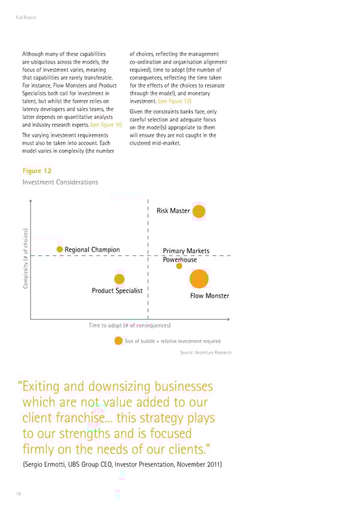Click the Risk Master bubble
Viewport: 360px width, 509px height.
(x=199, y=211)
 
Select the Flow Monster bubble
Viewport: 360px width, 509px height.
(x=199, y=279)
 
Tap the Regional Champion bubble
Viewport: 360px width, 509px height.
(x=60, y=250)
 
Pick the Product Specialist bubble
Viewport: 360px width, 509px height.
(x=119, y=279)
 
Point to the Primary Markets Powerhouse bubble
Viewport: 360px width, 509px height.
(x=179, y=267)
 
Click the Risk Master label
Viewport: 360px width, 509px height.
(x=173, y=211)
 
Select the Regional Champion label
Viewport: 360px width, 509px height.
(x=92, y=250)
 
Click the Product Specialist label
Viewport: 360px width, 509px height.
(x=117, y=291)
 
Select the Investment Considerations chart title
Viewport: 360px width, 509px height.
(x=59, y=182)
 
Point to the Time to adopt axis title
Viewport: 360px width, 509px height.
(x=130, y=325)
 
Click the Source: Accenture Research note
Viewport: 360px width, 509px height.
(x=205, y=352)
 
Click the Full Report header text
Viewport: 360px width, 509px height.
(x=26, y=17)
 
